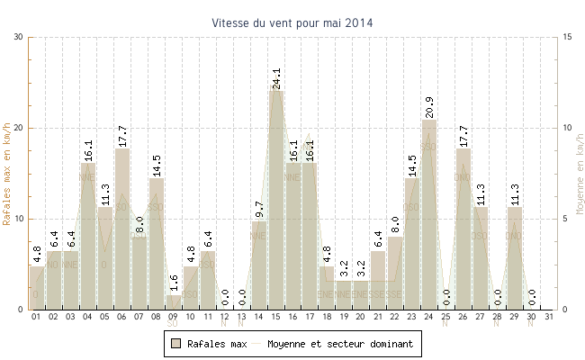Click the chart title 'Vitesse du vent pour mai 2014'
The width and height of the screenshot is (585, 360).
(292, 22)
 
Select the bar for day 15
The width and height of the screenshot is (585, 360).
(276, 200)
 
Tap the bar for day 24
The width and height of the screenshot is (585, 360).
(429, 214)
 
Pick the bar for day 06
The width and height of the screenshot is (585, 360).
(122, 229)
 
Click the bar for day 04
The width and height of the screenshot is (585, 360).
(88, 236)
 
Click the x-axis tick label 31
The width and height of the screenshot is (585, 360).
(549, 317)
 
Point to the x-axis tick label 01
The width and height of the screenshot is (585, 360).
(36, 317)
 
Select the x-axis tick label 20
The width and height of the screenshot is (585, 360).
(361, 317)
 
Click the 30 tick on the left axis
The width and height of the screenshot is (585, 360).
(19, 37)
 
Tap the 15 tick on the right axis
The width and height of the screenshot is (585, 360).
(567, 37)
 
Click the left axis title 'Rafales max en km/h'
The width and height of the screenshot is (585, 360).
(8, 173)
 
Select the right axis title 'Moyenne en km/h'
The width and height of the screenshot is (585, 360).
(579, 173)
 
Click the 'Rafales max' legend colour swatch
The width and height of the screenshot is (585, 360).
(176, 343)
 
